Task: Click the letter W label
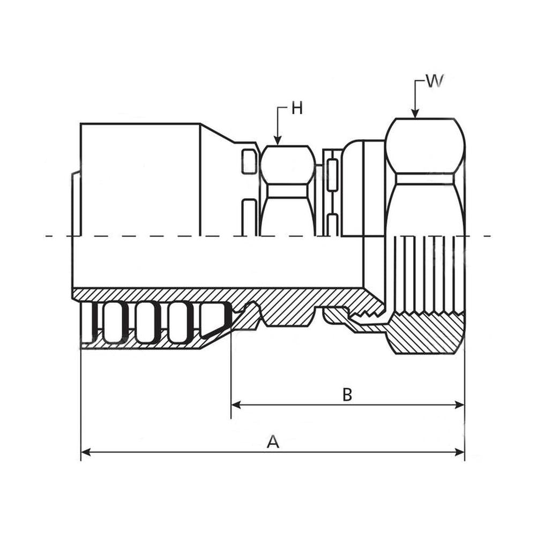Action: pos(435,81)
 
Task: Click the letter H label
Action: pos(297,108)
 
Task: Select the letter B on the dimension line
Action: pos(347,395)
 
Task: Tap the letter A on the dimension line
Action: pos(273,442)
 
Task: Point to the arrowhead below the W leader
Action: pos(415,114)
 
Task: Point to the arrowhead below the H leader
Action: pos(278,141)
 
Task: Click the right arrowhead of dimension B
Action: pos(460,405)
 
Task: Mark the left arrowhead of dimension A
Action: pos(86,452)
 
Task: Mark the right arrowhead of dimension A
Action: pos(460,452)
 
